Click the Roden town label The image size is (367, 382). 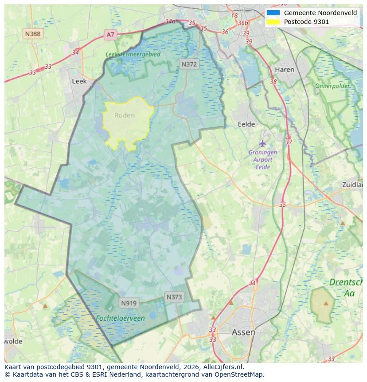(x=124, y=115)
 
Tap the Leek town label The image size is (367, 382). (x=79, y=82)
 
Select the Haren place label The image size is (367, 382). (x=284, y=70)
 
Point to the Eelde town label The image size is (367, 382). (x=246, y=125)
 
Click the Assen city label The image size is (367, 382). (x=243, y=332)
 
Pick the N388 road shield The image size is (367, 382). (x=33, y=34)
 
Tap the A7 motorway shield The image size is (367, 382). (x=110, y=34)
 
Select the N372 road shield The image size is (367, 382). (x=189, y=64)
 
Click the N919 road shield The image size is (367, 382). (x=129, y=303)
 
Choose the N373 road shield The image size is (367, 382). (x=174, y=297)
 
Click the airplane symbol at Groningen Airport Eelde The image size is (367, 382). (x=263, y=143)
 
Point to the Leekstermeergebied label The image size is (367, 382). (x=133, y=54)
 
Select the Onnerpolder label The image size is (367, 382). (x=332, y=86)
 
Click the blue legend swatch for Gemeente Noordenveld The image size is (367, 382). (x=273, y=13)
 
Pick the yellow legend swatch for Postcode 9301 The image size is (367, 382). (x=273, y=22)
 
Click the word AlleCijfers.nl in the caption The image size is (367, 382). (x=221, y=367)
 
